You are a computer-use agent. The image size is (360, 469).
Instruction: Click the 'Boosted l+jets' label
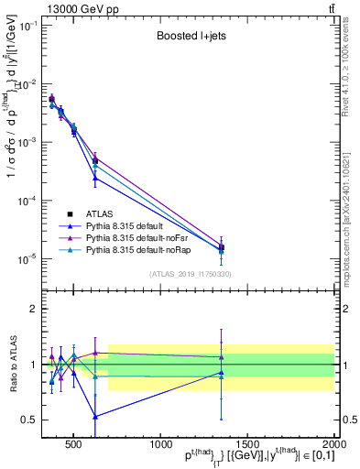189,37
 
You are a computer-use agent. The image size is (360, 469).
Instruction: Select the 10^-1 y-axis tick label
30,26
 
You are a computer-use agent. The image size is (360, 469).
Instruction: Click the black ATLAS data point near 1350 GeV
221,247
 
